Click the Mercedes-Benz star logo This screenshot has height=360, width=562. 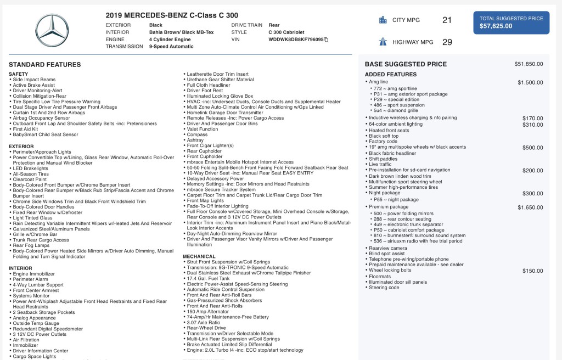pyautogui.click(x=53, y=30)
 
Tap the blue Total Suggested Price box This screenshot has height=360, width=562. pyautogui.click(x=511, y=22)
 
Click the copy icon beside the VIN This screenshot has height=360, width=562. pyautogui.click(x=326, y=40)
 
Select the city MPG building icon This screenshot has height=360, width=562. pyautogui.click(x=383, y=20)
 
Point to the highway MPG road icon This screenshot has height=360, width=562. pyautogui.click(x=383, y=42)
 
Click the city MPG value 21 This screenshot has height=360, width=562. pyautogui.click(x=447, y=20)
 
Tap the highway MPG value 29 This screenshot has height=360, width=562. pyautogui.click(x=447, y=42)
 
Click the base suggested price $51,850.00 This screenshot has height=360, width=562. pyautogui.click(x=529, y=64)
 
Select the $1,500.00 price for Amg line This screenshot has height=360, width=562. pyautogui.click(x=530, y=82)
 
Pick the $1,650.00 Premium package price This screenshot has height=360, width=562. pyautogui.click(x=530, y=207)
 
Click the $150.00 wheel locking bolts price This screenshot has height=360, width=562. pyautogui.click(x=532, y=271)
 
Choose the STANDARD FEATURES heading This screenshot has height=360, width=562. pyautogui.click(x=45, y=65)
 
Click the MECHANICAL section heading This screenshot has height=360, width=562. pyautogui.click(x=199, y=256)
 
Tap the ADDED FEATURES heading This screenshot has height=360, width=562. pyautogui.click(x=391, y=75)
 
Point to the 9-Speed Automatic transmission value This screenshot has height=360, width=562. pyautogui.click(x=171, y=47)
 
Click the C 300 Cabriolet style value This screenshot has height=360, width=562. pyautogui.click(x=286, y=32)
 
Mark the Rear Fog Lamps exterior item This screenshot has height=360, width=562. pyautogui.click(x=31, y=245)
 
